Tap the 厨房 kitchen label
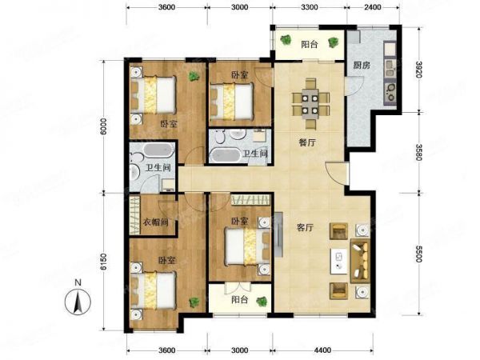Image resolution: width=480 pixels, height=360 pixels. click(x=362, y=66)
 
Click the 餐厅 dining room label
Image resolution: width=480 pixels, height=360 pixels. click(x=306, y=142)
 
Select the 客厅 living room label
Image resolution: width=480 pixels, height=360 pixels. click(x=306, y=227)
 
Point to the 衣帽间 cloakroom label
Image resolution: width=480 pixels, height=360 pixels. click(x=156, y=222)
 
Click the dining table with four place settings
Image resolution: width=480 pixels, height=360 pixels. click(x=310, y=102)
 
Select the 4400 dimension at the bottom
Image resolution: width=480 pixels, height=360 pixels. click(x=322, y=350)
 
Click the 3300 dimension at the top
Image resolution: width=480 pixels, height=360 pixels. click(x=309, y=7)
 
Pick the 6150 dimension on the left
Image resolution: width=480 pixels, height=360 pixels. click(x=104, y=262)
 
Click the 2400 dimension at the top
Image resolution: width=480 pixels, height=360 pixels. click(x=373, y=7)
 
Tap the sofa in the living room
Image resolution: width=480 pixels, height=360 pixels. click(x=360, y=261)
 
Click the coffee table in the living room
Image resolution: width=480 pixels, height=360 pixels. click(x=338, y=260)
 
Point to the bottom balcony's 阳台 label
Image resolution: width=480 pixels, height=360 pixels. click(x=240, y=300)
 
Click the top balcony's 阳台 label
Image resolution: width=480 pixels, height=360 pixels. click(x=310, y=45)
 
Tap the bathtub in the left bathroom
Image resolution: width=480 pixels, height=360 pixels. click(x=159, y=150)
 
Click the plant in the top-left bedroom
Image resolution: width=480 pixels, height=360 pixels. click(x=194, y=76)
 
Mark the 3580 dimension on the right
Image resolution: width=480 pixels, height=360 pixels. click(x=419, y=152)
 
